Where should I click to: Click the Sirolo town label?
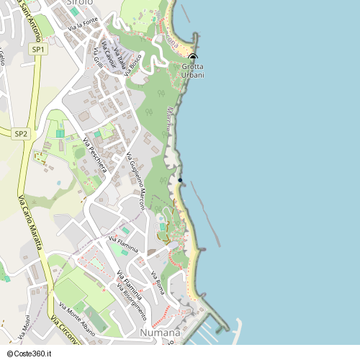[x=79, y=3]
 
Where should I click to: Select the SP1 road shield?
[x=38, y=49]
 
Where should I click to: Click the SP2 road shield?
[x=21, y=133]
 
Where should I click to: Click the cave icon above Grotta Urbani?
[x=192, y=58]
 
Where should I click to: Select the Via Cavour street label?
[x=106, y=50]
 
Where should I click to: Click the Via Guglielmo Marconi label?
[x=136, y=181]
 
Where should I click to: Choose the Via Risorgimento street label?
[x=135, y=303]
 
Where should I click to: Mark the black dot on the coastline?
[x=181, y=180]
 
